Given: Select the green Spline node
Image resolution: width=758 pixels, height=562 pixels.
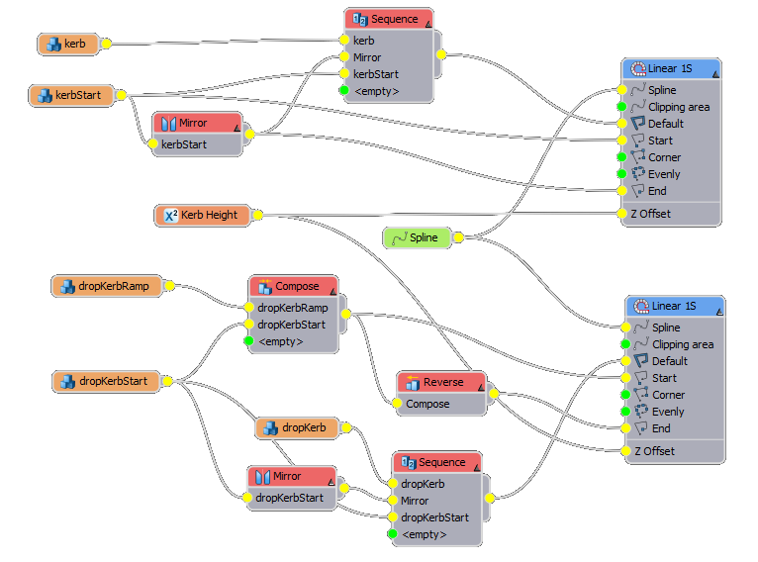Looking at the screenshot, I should pyautogui.click(x=417, y=237).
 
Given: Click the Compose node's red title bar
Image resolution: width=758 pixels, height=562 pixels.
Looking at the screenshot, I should pyautogui.click(x=291, y=286).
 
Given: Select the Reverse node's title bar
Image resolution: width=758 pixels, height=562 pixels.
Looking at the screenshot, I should pyautogui.click(x=441, y=383).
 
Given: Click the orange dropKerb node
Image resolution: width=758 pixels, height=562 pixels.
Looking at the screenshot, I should pyautogui.click(x=297, y=427).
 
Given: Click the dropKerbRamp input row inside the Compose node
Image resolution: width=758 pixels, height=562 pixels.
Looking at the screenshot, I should pyautogui.click(x=292, y=308).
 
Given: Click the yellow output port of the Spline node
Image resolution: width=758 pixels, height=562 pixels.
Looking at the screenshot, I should pyautogui.click(x=457, y=237).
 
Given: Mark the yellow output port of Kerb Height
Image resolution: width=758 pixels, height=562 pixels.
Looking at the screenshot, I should pyautogui.click(x=257, y=215).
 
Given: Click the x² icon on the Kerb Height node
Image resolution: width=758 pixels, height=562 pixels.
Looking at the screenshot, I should pyautogui.click(x=169, y=215).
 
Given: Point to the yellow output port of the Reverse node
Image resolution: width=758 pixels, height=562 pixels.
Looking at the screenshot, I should pyautogui.click(x=492, y=394).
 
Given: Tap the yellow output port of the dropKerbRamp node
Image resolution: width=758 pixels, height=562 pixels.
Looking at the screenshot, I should pyautogui.click(x=169, y=286).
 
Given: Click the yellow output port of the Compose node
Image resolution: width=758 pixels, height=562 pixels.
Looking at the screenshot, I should pyautogui.click(x=345, y=315).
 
